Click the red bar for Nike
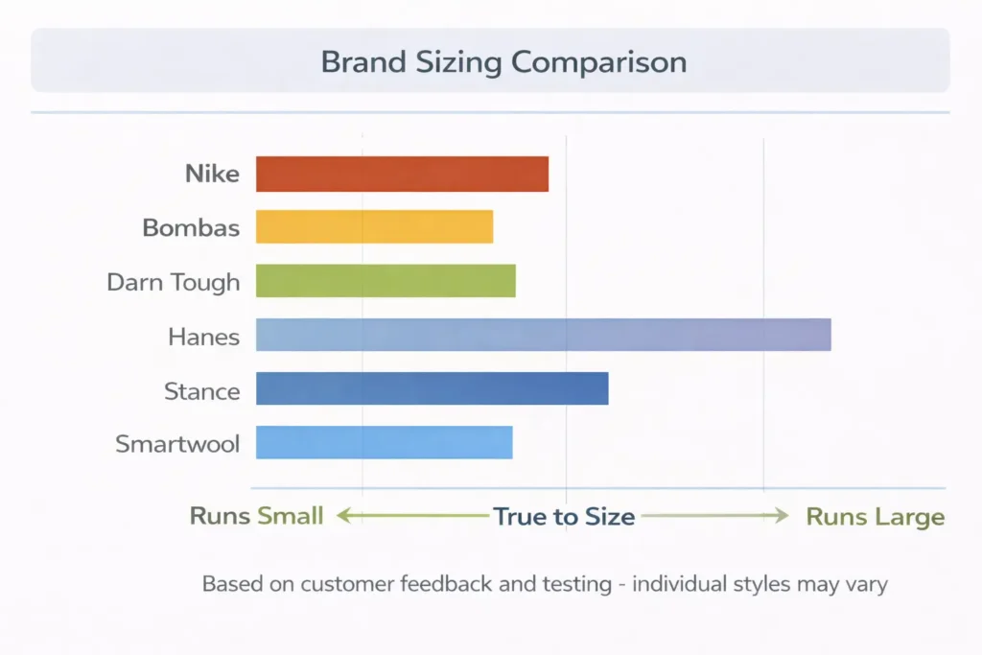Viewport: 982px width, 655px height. (402, 174)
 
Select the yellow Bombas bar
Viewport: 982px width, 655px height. (374, 227)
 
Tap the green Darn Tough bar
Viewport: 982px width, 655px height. (386, 281)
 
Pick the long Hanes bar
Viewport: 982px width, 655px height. (543, 335)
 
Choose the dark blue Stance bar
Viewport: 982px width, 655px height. (432, 388)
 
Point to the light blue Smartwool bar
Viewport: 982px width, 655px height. (384, 442)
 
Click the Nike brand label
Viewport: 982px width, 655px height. (212, 175)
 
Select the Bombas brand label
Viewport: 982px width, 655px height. (191, 228)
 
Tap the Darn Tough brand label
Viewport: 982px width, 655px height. (174, 282)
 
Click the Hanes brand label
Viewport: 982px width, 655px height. (203, 337)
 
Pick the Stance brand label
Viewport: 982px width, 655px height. (201, 390)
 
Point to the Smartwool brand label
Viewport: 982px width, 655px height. (177, 444)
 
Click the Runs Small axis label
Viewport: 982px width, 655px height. (256, 516)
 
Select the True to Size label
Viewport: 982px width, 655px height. (564, 517)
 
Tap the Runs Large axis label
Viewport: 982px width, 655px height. (875, 517)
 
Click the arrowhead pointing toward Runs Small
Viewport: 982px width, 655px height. (342, 516)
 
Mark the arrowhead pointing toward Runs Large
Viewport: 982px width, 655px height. (783, 516)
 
